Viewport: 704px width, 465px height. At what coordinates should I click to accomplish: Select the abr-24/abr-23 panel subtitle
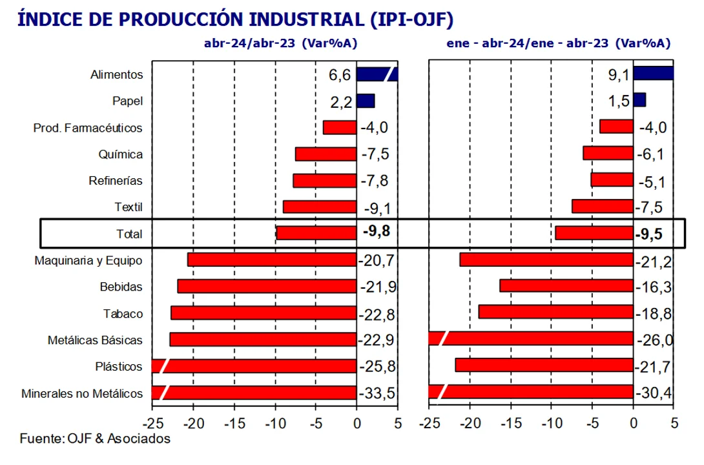pyautogui.click(x=280, y=43)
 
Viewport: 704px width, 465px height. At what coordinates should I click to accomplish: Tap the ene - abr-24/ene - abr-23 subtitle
pyautogui.click(x=558, y=43)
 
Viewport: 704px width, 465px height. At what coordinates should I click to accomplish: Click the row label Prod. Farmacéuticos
pyautogui.click(x=88, y=128)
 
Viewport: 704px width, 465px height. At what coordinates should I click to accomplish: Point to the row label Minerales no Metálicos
pyautogui.click(x=82, y=393)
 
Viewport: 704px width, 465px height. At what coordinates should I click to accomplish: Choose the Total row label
pyautogui.click(x=129, y=234)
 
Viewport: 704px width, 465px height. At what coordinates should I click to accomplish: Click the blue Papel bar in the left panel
pyautogui.click(x=366, y=101)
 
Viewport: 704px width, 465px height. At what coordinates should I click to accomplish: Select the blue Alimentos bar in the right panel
pyautogui.click(x=653, y=73)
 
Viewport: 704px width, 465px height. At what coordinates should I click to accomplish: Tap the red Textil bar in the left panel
pyautogui.click(x=320, y=207)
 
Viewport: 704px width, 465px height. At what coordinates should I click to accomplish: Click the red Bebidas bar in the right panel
pyautogui.click(x=566, y=286)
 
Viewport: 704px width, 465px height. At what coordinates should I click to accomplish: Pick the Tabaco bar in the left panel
pyautogui.click(x=264, y=313)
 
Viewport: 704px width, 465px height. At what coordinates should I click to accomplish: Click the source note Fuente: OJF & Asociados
pyautogui.click(x=95, y=439)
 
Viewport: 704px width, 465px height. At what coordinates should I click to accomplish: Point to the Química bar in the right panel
pyautogui.click(x=608, y=153)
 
